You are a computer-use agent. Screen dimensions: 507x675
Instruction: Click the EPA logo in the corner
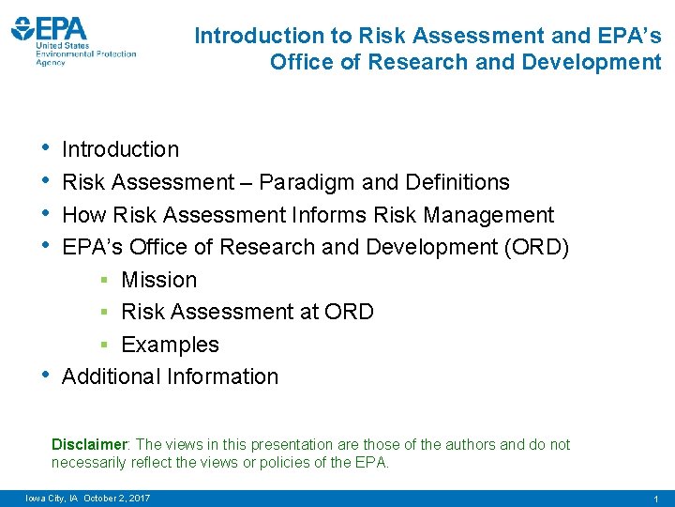(x=73, y=38)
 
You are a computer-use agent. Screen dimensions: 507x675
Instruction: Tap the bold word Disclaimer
(x=89, y=445)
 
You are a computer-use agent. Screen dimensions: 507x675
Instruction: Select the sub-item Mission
(x=159, y=280)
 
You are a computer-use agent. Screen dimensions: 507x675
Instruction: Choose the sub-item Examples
(x=170, y=345)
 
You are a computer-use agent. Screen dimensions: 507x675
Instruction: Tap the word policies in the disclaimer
(x=305, y=463)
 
